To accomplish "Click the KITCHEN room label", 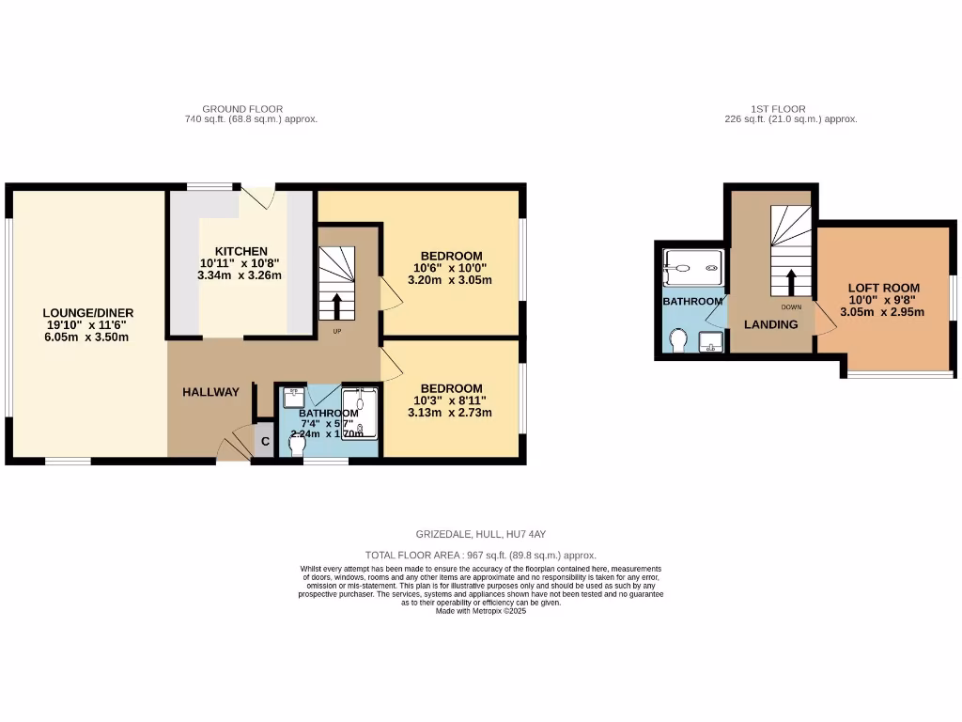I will pyautogui.click(x=241, y=250).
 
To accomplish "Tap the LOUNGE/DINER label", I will pyautogui.click(x=88, y=312).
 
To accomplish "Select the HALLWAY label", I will pyautogui.click(x=210, y=392).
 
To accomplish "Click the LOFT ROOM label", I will pyautogui.click(x=883, y=288).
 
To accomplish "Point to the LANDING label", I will pyautogui.click(x=770, y=324).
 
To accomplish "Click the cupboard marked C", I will pyautogui.click(x=265, y=441).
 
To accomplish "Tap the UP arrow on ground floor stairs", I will pyautogui.click(x=336, y=306).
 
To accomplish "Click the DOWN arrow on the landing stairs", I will pyautogui.click(x=791, y=282).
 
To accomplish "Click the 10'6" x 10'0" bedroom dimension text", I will pyautogui.click(x=451, y=268).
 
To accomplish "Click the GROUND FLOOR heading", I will pyautogui.click(x=242, y=109).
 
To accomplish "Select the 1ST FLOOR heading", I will pyautogui.click(x=778, y=109).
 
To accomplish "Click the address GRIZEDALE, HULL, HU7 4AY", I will pyautogui.click(x=480, y=534).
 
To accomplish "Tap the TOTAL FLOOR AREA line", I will pyautogui.click(x=480, y=556).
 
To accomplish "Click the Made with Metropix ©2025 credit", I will pyautogui.click(x=480, y=611).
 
